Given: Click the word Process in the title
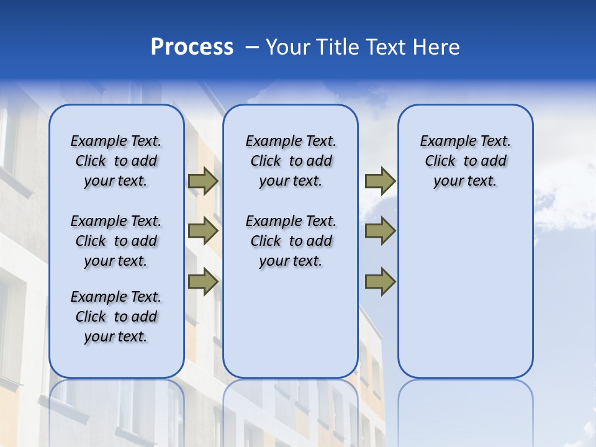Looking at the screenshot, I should coord(192,47).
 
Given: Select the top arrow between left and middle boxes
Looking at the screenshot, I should coord(203,181).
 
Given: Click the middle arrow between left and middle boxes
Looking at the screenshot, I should coord(203,232).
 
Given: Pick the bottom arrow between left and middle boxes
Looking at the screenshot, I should coord(203,282).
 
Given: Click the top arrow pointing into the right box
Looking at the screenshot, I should coord(380,181).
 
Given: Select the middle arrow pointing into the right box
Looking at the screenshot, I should coord(380,232).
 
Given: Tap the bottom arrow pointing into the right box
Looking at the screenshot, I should coord(380,282).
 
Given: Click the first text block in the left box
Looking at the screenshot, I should coord(116,161).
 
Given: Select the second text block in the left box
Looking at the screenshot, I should coord(116,241).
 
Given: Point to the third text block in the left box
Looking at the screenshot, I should coord(116,317).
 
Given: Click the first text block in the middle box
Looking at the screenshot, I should coord(291,161).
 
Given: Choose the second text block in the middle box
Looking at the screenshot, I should coord(291,241).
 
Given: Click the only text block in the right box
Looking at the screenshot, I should coord(465,161).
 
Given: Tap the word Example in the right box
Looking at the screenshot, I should coord(445,141).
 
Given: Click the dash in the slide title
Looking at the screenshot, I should coord(252,47).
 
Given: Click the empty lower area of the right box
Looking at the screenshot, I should coord(465,298).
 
